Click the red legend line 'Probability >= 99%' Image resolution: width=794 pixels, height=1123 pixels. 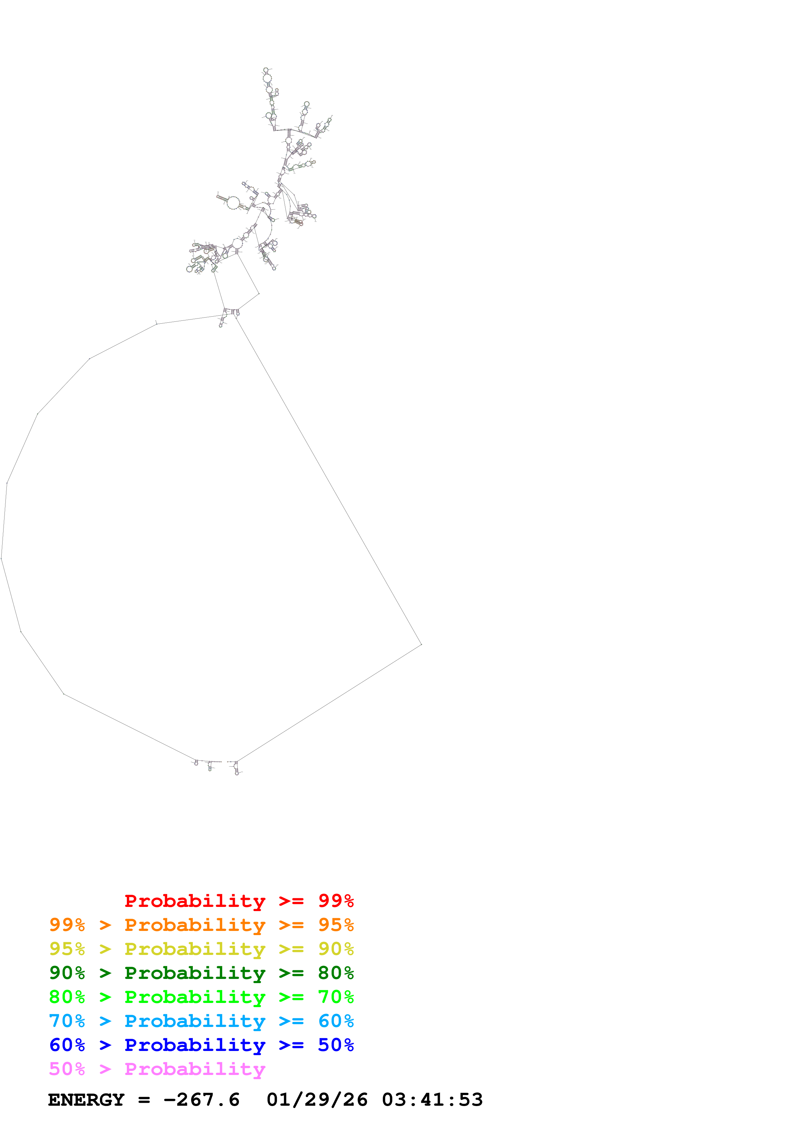[239, 901]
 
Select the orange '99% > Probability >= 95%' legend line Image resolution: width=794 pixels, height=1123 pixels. [201, 925]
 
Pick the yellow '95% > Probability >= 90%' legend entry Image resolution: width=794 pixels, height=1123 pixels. [201, 949]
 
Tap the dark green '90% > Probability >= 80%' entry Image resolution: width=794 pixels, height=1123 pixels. [201, 973]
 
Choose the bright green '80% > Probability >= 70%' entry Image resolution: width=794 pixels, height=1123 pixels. [201, 997]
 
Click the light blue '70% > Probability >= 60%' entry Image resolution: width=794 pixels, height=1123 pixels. [201, 1021]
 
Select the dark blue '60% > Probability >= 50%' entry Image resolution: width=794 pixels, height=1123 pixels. [201, 1045]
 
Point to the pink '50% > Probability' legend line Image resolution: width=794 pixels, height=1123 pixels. [157, 1069]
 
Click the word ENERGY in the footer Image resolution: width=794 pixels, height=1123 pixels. [86, 1100]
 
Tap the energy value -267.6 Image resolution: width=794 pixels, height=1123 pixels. [201, 1100]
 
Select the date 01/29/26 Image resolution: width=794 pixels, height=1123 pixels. [317, 1100]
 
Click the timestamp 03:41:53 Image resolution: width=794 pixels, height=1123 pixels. [432, 1100]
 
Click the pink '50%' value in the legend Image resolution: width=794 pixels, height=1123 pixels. [67, 1069]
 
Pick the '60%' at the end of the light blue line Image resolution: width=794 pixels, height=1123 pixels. [336, 1021]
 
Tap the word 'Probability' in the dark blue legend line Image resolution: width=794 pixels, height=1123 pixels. [195, 1045]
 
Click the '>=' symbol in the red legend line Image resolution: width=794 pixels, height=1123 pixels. [291, 901]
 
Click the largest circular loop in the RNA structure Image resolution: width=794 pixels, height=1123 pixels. [233, 203]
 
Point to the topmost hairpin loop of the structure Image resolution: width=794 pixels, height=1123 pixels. [266, 70]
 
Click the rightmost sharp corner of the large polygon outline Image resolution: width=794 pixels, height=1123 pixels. [421, 645]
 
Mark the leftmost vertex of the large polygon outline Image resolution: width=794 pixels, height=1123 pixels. [2, 558]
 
